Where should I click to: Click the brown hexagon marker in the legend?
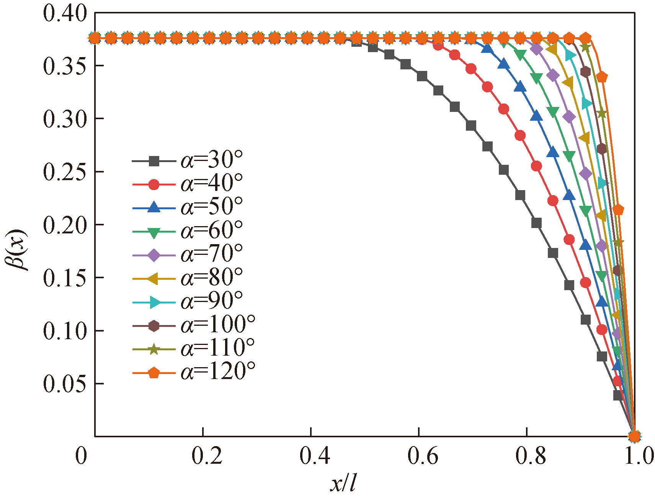tap(154, 326)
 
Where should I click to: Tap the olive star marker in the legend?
tap(154, 349)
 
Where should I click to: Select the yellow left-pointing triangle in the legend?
tap(154, 279)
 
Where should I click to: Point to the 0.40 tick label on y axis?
tap(65, 14)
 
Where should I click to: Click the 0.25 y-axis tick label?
tap(65, 172)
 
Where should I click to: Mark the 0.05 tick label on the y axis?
tap(65, 384)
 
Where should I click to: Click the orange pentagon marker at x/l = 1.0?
tap(634, 436)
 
